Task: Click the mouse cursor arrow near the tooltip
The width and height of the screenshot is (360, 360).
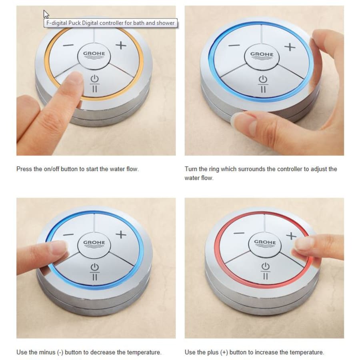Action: [x=46, y=14]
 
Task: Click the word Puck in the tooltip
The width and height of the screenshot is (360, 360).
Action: [x=75, y=23]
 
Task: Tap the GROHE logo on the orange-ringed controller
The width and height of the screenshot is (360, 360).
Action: [x=94, y=55]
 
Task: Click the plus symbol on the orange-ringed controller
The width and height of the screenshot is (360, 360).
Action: [x=121, y=45]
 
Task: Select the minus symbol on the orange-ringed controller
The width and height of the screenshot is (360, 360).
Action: [x=68, y=45]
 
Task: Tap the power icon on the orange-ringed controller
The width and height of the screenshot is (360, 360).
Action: [x=94, y=79]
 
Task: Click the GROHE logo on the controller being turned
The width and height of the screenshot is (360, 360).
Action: [x=262, y=56]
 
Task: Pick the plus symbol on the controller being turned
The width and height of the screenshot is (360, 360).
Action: [x=290, y=47]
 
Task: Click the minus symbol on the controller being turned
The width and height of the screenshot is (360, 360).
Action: [x=234, y=46]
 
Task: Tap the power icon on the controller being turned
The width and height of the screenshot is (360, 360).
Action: [x=263, y=80]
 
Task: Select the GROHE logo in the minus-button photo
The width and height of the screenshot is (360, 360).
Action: [x=94, y=244]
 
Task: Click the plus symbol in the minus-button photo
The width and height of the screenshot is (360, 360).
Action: [x=121, y=235]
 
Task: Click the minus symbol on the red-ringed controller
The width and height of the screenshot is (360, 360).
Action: [x=239, y=233]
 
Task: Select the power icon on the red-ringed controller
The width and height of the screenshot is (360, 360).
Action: [x=266, y=266]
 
